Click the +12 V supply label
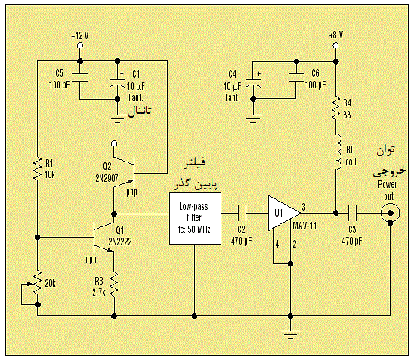tap(80, 35)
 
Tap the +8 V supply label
tap(336, 35)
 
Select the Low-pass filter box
tap(195, 218)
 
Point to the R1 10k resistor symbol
tap(38, 169)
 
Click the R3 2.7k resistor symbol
tap(114, 285)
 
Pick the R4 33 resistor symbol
tap(336, 109)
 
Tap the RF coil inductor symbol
tap(337, 152)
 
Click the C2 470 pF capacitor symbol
tap(242, 213)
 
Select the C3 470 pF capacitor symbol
tap(352, 213)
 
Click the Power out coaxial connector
tap(390, 213)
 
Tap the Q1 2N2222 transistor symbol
tap(103, 237)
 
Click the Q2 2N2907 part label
tap(107, 173)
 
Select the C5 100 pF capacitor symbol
tap(80, 77)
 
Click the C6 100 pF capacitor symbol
tap(296, 77)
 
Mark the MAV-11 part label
tap(304, 226)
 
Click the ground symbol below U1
tap(290, 334)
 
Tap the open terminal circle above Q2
tap(114, 143)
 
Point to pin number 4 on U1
tap(277, 244)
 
